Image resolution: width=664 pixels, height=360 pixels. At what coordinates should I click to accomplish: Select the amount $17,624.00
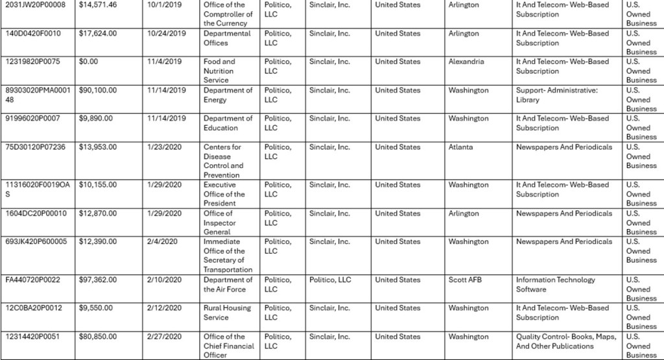coord(97,34)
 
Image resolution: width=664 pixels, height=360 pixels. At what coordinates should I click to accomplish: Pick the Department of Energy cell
coord(228,95)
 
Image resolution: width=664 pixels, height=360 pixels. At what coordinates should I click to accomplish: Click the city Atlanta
coord(460,147)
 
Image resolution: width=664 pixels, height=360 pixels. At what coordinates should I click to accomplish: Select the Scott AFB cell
coord(466,280)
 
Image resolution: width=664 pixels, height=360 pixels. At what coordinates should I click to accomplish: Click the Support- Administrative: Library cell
coord(556,95)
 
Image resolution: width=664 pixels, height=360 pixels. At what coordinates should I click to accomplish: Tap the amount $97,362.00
coord(97,280)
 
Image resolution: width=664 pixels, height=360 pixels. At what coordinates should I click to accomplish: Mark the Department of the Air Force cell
coord(228,285)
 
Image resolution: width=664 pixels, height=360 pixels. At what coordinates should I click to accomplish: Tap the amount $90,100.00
coord(97,91)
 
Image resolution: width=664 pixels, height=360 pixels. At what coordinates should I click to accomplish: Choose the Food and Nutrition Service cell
coord(220,71)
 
